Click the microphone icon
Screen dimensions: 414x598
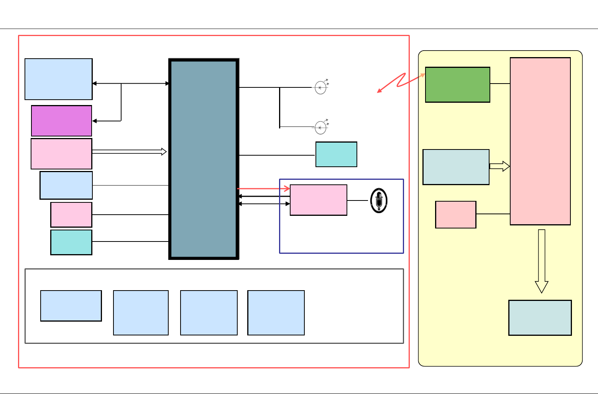point(379,200)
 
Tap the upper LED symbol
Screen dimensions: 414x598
point(320,87)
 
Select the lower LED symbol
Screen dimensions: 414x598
point(320,127)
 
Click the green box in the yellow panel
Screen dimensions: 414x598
point(457,85)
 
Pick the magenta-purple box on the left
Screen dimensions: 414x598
point(61,121)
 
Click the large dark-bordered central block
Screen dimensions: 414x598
point(204,159)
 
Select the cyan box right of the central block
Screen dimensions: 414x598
point(336,154)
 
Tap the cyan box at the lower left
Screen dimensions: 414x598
point(71,242)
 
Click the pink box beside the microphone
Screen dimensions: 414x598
point(318,200)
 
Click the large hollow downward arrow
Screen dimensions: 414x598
point(541,261)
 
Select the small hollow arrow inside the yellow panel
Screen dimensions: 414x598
point(499,166)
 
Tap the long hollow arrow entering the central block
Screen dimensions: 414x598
point(129,152)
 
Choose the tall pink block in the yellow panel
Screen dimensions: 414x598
point(540,141)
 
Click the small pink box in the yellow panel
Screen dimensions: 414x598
point(455,215)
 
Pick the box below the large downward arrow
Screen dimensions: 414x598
point(540,318)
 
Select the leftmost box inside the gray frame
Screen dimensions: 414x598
point(71,306)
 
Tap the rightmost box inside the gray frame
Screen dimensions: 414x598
point(276,313)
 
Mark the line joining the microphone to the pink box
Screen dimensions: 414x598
point(358,200)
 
